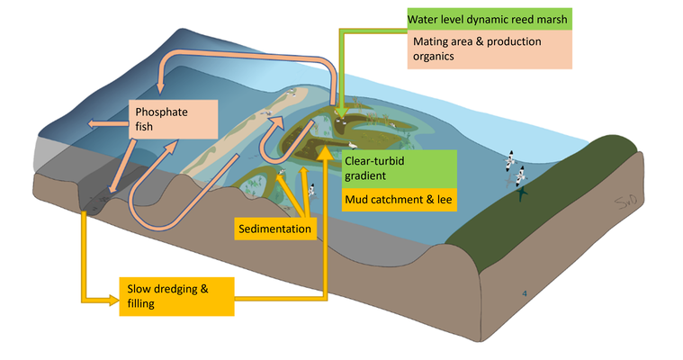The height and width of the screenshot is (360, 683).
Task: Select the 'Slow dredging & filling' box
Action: point(176,295)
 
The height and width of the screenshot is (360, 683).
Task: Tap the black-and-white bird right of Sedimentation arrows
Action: point(312,190)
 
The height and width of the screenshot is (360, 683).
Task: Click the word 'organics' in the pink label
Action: point(434,57)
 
